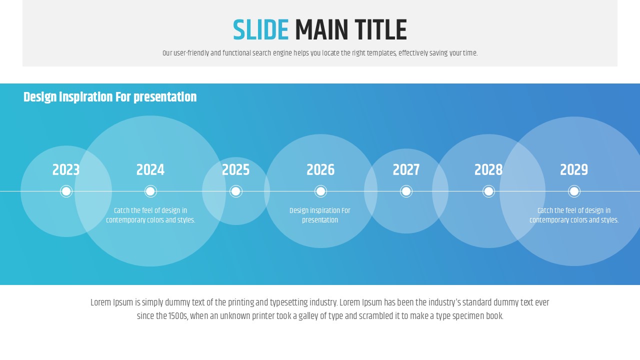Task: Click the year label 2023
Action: coord(66,169)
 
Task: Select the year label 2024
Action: coord(150,169)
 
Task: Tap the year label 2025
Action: coord(235,169)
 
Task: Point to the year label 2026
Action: coord(320,169)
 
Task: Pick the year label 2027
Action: coord(406,169)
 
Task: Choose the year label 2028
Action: coord(488,169)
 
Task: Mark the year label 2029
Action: coord(574,169)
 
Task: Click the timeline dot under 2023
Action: coord(66,191)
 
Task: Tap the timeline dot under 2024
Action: coord(150,191)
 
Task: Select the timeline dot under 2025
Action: coord(235,191)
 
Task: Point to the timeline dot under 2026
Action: coord(320,191)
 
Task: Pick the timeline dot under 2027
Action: coord(406,191)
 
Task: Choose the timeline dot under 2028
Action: coord(488,191)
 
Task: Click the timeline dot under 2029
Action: coord(574,191)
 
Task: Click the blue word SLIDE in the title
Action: coord(261,29)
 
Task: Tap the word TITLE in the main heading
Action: coord(381,29)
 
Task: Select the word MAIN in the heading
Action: coord(321,29)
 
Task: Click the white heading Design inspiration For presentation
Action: coord(110,97)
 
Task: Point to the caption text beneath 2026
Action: coord(320,215)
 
